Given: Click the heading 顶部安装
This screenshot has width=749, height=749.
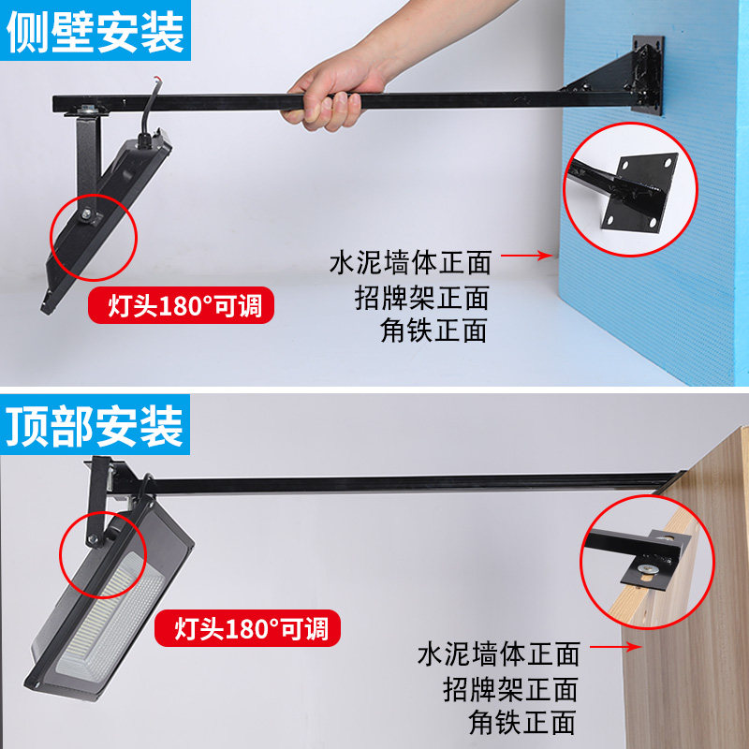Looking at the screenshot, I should point(95,426).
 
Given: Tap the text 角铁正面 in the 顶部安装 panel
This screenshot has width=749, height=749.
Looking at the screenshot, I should point(522,722).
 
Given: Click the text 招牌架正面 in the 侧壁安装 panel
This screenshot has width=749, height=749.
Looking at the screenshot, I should point(422,297).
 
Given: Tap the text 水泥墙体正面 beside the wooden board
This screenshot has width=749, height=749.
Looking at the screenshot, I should point(498,654).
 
